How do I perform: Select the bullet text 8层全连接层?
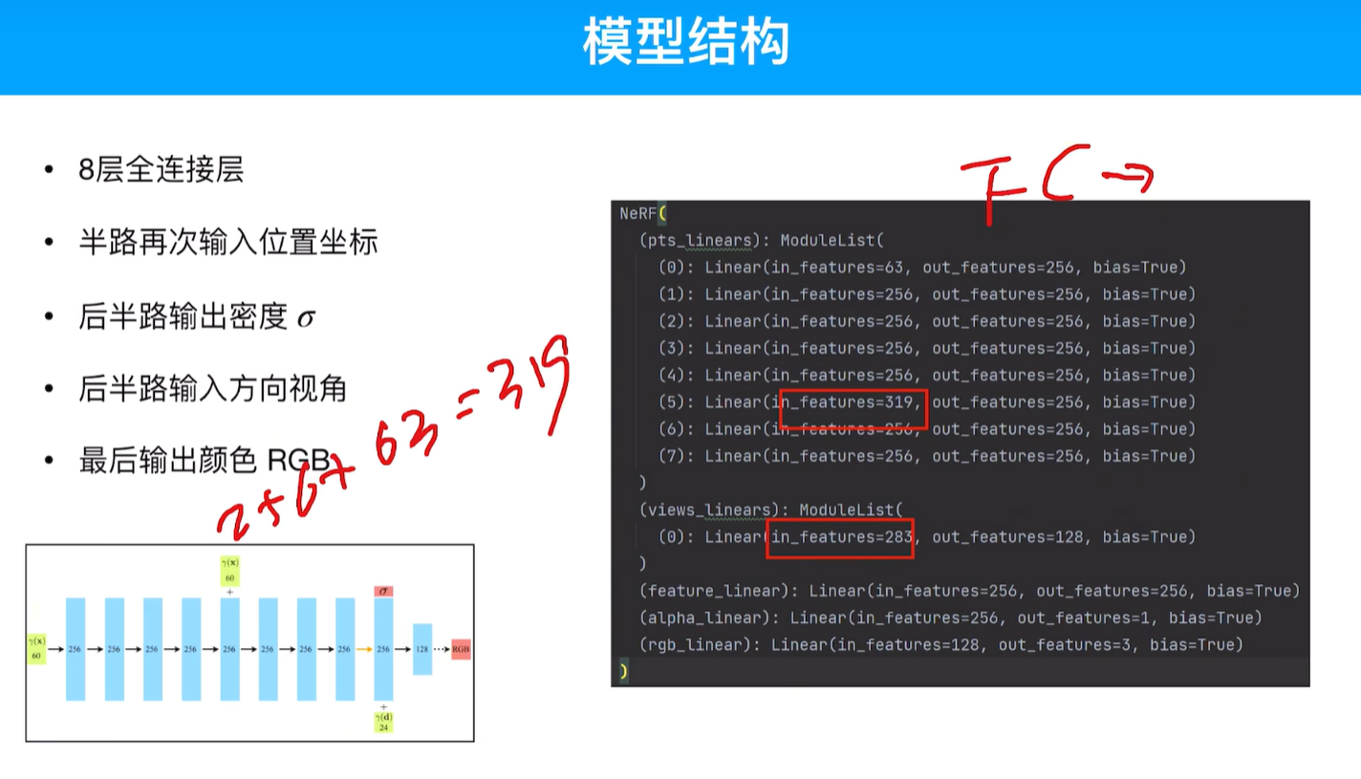point(162,170)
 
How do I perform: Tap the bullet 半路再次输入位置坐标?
point(228,242)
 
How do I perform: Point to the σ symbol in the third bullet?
point(305,317)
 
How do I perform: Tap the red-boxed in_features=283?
point(841,537)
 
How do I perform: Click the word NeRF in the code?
point(637,212)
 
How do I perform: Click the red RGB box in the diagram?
point(461,649)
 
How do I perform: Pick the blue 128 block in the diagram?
point(421,649)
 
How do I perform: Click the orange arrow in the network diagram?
point(365,649)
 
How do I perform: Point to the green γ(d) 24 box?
point(383,722)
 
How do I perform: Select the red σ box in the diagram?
point(383,592)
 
